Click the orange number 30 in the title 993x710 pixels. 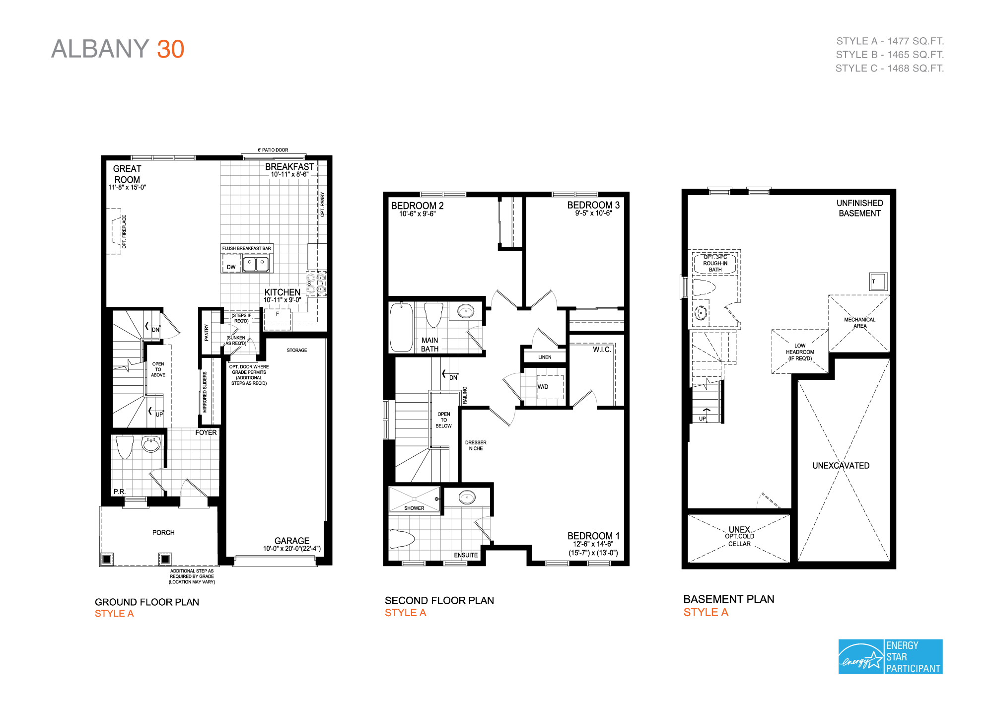click(170, 49)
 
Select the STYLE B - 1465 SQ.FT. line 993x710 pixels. click(889, 55)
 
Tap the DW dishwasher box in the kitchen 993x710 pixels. click(231, 264)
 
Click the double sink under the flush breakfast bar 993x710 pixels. click(256, 264)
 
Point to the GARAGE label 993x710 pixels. click(292, 541)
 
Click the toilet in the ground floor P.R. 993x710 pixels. click(125, 446)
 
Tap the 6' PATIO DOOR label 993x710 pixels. click(273, 150)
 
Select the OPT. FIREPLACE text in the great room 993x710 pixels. click(124, 231)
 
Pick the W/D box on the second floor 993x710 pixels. click(550, 387)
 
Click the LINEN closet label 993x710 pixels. click(545, 357)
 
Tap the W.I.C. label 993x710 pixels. click(602, 350)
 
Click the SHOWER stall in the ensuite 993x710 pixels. click(414, 499)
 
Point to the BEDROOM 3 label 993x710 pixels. click(593, 205)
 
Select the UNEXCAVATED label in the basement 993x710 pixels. click(841, 466)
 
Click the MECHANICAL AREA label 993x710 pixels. click(859, 323)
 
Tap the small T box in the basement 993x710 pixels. click(877, 282)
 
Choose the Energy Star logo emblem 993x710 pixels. click(861, 657)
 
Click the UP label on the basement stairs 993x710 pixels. click(702, 419)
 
